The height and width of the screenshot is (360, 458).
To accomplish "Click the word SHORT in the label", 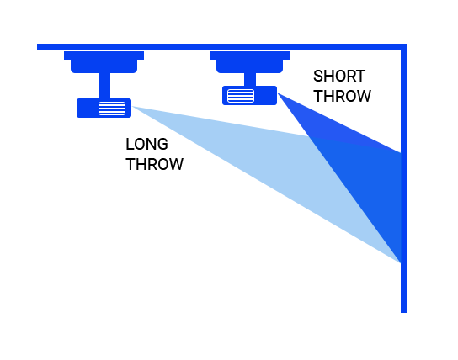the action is click(x=339, y=77).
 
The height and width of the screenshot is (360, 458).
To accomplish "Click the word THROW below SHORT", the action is click(x=342, y=96).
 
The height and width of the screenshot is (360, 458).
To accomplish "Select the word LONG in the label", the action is click(x=146, y=144).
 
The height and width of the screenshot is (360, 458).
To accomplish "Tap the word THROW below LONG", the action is click(x=155, y=164).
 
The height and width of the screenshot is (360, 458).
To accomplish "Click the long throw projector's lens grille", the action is click(x=112, y=109).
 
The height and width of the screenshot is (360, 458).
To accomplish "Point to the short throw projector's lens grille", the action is click(x=241, y=96).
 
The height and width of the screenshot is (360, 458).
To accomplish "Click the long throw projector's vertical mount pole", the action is click(x=104, y=86).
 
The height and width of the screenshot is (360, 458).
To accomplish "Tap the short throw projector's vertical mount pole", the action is click(x=250, y=79).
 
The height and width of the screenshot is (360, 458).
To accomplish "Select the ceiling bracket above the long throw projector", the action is click(x=104, y=62).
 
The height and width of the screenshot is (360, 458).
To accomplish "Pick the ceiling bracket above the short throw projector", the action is click(x=249, y=62).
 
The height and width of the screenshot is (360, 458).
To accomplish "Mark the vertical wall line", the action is click(x=404, y=178).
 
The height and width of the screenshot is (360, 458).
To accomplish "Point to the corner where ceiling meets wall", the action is click(x=404, y=47).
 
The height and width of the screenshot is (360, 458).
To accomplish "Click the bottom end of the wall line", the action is click(x=404, y=312).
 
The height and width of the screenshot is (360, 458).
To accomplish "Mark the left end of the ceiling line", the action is click(x=37, y=47).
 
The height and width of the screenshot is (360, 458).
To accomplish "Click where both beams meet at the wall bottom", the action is click(x=400, y=262).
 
